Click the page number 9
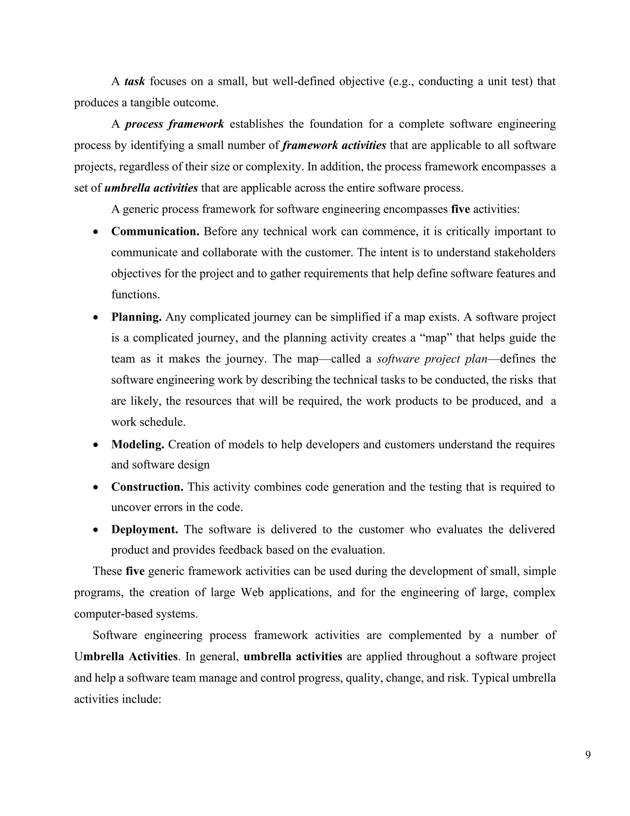(588, 755)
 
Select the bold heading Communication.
(155, 232)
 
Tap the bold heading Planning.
(136, 317)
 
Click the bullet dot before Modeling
(96, 445)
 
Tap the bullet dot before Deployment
(96, 530)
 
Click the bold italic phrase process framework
(174, 124)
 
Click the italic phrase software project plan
(432, 359)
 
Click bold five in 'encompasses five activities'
(460, 209)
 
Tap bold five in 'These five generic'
(135, 571)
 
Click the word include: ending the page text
(144, 699)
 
